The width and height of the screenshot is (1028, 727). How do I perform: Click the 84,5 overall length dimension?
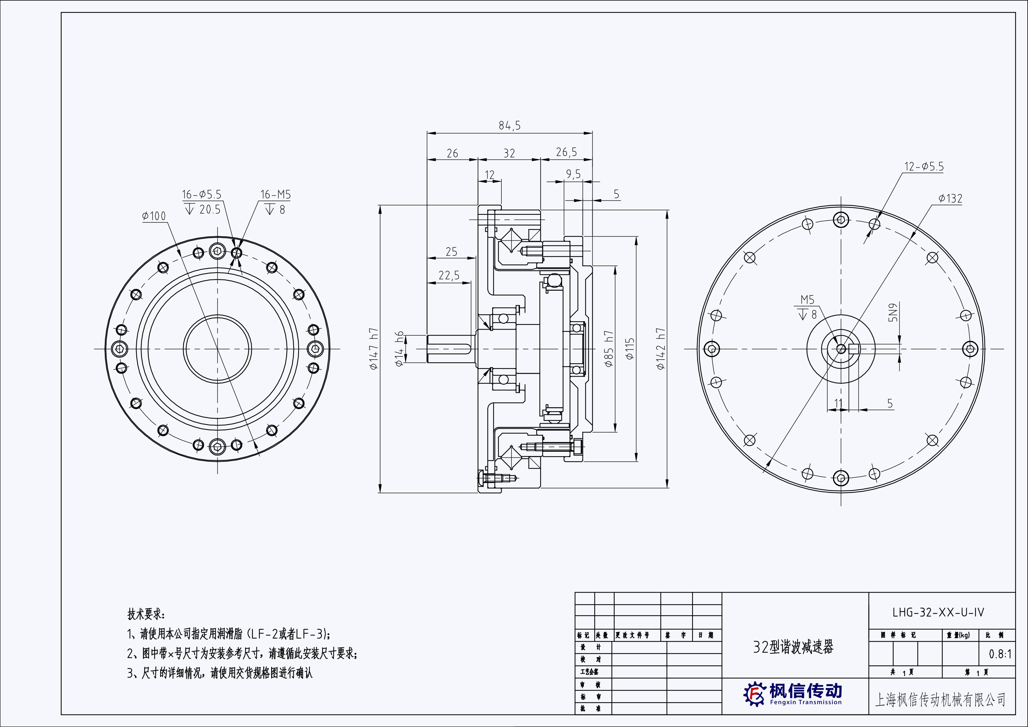tap(510, 126)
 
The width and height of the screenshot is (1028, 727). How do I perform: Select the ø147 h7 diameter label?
tap(374, 349)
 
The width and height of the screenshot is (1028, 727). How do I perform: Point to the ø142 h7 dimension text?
tap(661, 349)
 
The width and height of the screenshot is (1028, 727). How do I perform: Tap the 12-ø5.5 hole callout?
tap(924, 166)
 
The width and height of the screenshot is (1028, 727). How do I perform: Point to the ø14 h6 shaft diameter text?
tap(399, 349)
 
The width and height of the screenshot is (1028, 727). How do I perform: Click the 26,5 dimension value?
tap(567, 152)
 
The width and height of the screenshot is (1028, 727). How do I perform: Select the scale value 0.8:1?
tap(1000, 654)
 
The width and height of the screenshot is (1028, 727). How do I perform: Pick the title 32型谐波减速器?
tap(793, 647)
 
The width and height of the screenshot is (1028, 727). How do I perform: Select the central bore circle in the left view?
tap(218, 349)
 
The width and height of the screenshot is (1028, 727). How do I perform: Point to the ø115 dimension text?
tap(629, 349)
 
